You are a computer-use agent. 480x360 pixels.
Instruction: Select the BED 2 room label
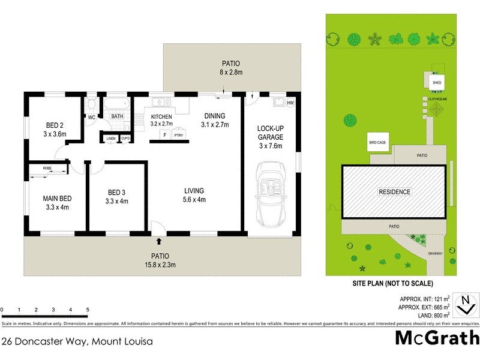tap(55, 125)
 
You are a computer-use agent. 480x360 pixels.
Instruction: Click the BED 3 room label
tap(116, 193)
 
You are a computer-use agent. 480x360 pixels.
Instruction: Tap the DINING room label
tap(214, 116)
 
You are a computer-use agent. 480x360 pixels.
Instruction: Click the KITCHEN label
tap(161, 116)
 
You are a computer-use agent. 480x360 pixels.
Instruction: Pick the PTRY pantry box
tap(178, 136)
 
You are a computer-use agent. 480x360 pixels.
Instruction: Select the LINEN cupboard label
tap(111, 139)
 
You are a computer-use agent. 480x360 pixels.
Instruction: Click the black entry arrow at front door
tap(159, 241)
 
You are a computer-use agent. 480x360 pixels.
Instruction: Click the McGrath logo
tap(437, 338)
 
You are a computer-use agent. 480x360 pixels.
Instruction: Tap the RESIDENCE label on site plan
tap(394, 192)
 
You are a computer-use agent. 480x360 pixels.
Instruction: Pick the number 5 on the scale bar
tap(88, 310)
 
